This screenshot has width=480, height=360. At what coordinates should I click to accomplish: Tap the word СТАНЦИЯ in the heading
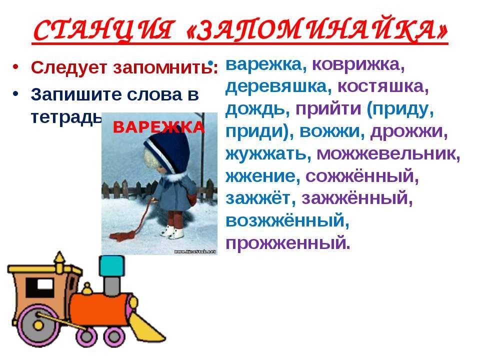pyautogui.click(x=103, y=30)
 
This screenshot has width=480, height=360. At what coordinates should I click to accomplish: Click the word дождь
pyautogui.click(x=257, y=109)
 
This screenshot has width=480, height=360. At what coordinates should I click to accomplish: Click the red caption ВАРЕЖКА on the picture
pyautogui.click(x=158, y=127)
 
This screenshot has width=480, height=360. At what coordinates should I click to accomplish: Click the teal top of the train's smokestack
pyautogui.click(x=111, y=265)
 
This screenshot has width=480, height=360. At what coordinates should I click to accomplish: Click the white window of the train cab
pyautogui.click(x=44, y=284)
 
